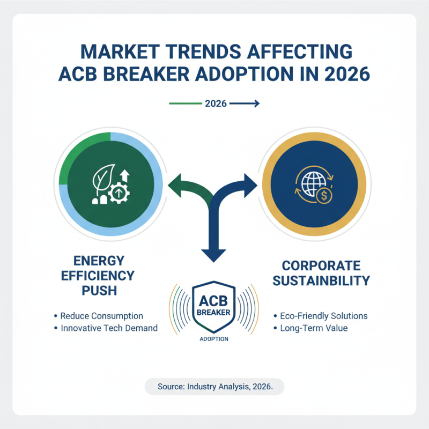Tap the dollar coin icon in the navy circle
click(x=323, y=196)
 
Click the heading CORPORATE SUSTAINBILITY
click(x=322, y=273)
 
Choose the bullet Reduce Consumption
click(x=102, y=316)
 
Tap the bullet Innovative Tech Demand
click(x=107, y=328)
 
